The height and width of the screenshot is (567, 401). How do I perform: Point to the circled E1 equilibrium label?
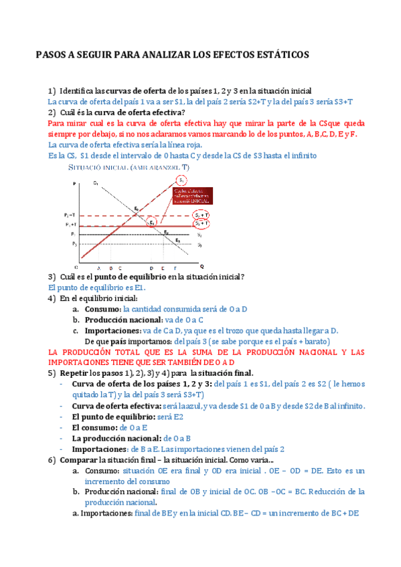[153, 222]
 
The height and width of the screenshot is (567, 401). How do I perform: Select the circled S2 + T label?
[201, 215]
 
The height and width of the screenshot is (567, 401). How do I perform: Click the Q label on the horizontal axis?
[201, 265]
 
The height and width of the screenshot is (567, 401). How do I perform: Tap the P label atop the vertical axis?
[74, 184]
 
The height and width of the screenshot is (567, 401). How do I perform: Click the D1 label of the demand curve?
[96, 183]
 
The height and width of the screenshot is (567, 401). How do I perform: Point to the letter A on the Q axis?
[99, 266]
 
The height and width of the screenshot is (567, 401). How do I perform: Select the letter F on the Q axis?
[175, 266]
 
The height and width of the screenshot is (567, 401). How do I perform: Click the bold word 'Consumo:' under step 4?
[102, 310]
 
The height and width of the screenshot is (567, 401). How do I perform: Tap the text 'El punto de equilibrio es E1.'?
[97, 288]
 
